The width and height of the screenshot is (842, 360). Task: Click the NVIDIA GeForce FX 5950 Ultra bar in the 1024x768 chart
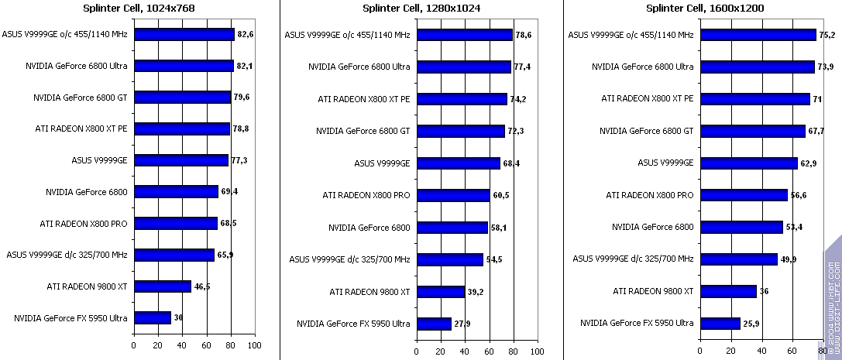pos(153,317)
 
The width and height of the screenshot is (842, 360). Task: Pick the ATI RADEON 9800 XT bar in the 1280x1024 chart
pos(440,291)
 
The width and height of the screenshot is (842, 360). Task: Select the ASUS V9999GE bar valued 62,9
pos(748,163)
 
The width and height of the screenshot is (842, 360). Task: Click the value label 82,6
pos(246,34)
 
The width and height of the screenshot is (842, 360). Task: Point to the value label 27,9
pos(463,323)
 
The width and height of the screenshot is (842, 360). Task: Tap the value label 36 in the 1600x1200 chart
pos(765,291)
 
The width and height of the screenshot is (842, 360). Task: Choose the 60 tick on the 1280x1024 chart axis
pos(489,351)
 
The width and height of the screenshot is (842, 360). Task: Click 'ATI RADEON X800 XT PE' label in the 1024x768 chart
pos(81,128)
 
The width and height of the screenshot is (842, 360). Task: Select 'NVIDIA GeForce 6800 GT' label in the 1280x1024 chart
pos(363,131)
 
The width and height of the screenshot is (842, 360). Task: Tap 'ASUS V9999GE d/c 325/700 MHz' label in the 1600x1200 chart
pos(633,259)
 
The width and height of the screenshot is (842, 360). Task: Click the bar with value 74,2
pos(462,98)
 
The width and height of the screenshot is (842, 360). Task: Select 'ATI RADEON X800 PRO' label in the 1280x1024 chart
pos(366,195)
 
